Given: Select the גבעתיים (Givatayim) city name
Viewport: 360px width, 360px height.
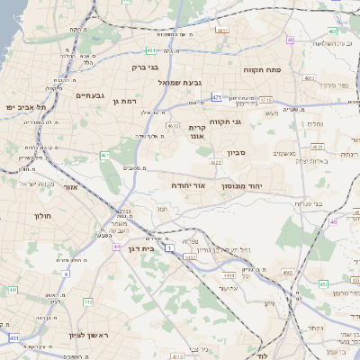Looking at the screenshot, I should click(x=93, y=95).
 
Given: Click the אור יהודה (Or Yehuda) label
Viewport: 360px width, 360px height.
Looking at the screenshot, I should click(x=188, y=184).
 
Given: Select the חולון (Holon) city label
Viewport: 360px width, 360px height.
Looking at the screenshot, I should click(x=43, y=216).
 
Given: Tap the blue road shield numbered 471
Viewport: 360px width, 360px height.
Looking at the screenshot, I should click(x=217, y=95).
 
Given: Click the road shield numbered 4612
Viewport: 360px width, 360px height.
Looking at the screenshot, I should click(x=173, y=126).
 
